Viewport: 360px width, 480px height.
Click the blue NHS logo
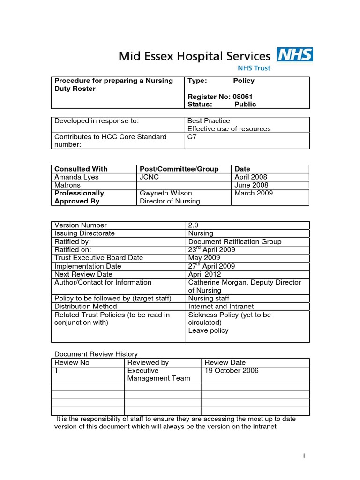click(x=294, y=55)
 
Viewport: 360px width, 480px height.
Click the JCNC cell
click(x=149, y=177)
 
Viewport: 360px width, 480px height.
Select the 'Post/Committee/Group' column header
click(x=179, y=169)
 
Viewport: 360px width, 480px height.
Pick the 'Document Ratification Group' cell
click(x=234, y=241)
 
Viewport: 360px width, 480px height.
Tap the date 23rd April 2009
click(x=211, y=249)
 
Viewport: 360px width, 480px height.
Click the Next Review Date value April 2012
click(x=204, y=274)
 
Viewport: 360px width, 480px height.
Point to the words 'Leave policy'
click(x=208, y=330)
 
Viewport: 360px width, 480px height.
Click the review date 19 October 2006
click(x=232, y=370)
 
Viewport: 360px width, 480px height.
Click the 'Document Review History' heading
click(x=96, y=354)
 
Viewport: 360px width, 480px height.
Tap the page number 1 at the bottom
click(x=304, y=456)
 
